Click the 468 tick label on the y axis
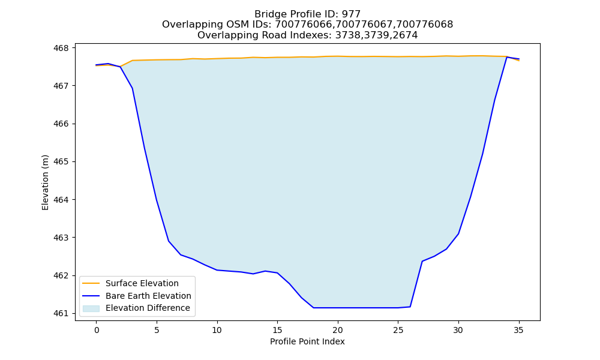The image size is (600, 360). coord(61,48)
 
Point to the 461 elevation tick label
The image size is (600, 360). coord(61,314)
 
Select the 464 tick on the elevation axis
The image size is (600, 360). coord(61,200)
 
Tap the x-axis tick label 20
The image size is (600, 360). coord(337,330)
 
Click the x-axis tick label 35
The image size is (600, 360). coord(518,330)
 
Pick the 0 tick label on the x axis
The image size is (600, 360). coord(97,330)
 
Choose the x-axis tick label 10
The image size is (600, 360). coord(217,330)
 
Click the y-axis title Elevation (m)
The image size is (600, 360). coord(45,182)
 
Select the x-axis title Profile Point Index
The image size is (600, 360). coord(307,341)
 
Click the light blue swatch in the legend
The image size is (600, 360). coord(91,308)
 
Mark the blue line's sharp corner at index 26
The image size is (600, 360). coord(410,307)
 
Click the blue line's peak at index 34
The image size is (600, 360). coord(506,57)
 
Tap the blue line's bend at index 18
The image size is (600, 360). coord(313,308)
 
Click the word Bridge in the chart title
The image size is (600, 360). coord(268,14)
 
